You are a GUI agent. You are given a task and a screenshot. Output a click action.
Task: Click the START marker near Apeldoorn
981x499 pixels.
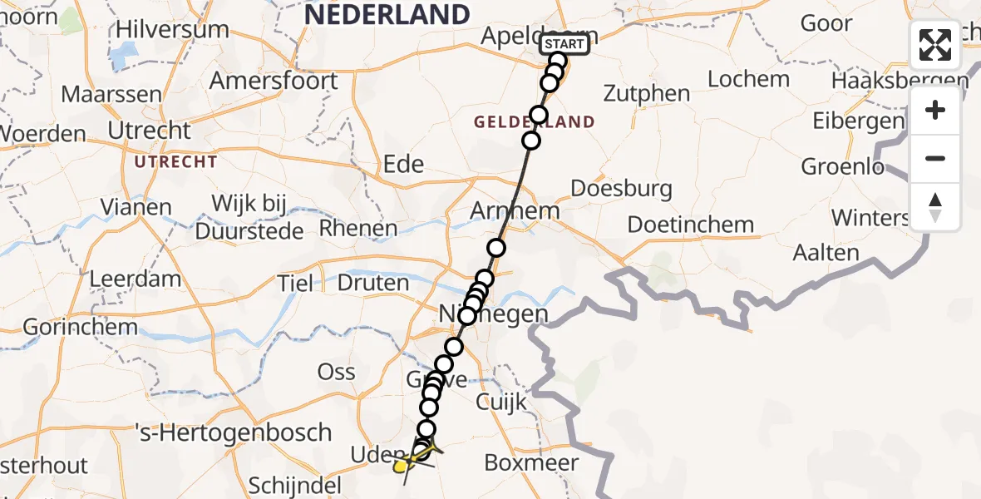pyautogui.click(x=565, y=44)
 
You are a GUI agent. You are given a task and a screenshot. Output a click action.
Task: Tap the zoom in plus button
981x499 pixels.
pyautogui.click(x=935, y=110)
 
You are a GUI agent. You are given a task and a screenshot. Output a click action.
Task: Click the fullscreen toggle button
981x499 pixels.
pyautogui.click(x=935, y=45)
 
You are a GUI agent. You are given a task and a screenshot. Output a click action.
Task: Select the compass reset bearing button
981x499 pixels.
pyautogui.click(x=935, y=207)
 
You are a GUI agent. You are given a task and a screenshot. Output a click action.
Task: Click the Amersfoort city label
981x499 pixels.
pyautogui.click(x=274, y=82)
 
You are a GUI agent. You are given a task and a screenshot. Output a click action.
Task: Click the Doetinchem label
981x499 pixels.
pyautogui.click(x=691, y=225)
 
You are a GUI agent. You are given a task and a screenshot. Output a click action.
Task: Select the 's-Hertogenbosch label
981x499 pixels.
pyautogui.click(x=234, y=432)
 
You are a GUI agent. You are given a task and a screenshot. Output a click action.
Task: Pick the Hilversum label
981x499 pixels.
pyautogui.click(x=172, y=30)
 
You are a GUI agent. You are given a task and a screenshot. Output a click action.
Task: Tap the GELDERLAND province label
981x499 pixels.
pyautogui.click(x=535, y=122)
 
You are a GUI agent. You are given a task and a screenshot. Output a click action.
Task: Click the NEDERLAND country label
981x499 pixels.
pyautogui.click(x=387, y=14)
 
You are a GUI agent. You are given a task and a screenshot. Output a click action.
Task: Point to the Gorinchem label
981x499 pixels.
pyautogui.click(x=80, y=327)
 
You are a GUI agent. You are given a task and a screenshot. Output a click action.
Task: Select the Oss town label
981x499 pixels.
pyautogui.click(x=337, y=372)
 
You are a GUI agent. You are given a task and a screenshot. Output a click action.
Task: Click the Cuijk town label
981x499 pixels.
pyautogui.click(x=501, y=402)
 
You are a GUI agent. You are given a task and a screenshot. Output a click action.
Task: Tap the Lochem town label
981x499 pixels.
pyautogui.click(x=749, y=79)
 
